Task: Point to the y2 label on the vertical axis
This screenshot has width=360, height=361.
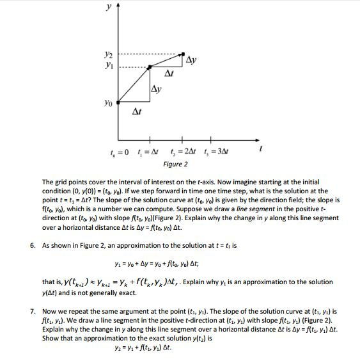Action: tap(111, 55)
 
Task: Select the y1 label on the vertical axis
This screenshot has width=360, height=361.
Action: tap(111, 66)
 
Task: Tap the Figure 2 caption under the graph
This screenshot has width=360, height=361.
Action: tap(175, 164)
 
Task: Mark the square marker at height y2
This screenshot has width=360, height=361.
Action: tap(184, 55)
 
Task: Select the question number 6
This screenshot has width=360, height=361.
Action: tap(33, 245)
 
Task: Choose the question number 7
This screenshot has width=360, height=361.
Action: tap(33, 310)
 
